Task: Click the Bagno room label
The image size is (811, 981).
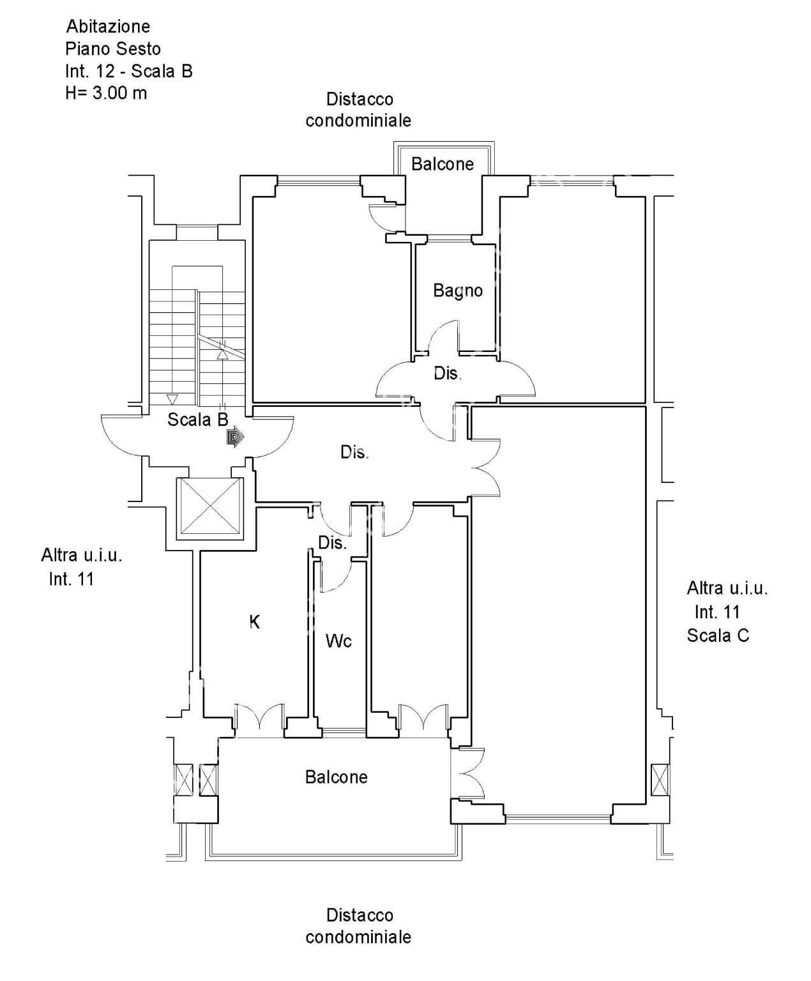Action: click(x=458, y=291)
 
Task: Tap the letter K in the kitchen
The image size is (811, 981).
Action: click(x=254, y=622)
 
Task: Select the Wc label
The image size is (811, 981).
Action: click(x=338, y=641)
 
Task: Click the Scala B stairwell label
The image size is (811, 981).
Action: click(x=197, y=420)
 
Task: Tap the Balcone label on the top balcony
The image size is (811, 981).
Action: click(x=442, y=164)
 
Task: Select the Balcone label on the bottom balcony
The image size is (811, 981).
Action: click(x=336, y=777)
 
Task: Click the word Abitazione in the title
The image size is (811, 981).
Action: click(x=108, y=26)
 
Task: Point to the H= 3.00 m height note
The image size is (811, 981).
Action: click(x=106, y=93)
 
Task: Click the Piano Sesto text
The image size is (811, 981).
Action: click(x=113, y=49)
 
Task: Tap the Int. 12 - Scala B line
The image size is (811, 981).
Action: click(x=129, y=71)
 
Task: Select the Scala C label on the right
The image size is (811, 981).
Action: click(x=718, y=635)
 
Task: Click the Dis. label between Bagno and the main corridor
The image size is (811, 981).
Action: click(x=447, y=374)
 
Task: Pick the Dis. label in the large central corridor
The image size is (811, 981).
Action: click(x=354, y=452)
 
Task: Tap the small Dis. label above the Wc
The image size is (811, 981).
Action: click(x=332, y=543)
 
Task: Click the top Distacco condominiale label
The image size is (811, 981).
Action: click(x=358, y=110)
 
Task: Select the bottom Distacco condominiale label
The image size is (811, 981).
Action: click(x=358, y=926)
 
